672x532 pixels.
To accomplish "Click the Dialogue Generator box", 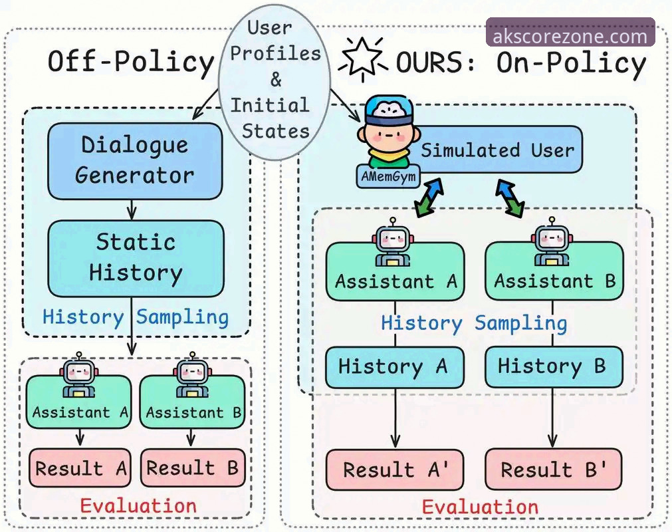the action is pos(135,161).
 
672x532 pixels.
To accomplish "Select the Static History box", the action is pos(136,259).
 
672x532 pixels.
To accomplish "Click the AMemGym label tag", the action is pos(388,176).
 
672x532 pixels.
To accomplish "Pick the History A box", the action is pos(395,367).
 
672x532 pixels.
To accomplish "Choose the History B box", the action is pos(554,367).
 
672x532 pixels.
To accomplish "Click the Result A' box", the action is pos(395,469).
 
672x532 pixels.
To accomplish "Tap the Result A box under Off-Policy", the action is pos(80,467).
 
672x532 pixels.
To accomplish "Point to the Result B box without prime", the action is pos(193,467).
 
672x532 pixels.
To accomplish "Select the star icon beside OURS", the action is pos(363,59).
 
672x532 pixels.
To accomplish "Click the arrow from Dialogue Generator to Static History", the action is pos(132,210).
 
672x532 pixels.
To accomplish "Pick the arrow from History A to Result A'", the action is pos(395,418).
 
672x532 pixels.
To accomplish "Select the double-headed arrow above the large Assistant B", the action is pos(510,198).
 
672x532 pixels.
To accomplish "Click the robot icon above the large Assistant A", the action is pos(393,242).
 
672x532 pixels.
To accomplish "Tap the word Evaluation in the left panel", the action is pos(138,506).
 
